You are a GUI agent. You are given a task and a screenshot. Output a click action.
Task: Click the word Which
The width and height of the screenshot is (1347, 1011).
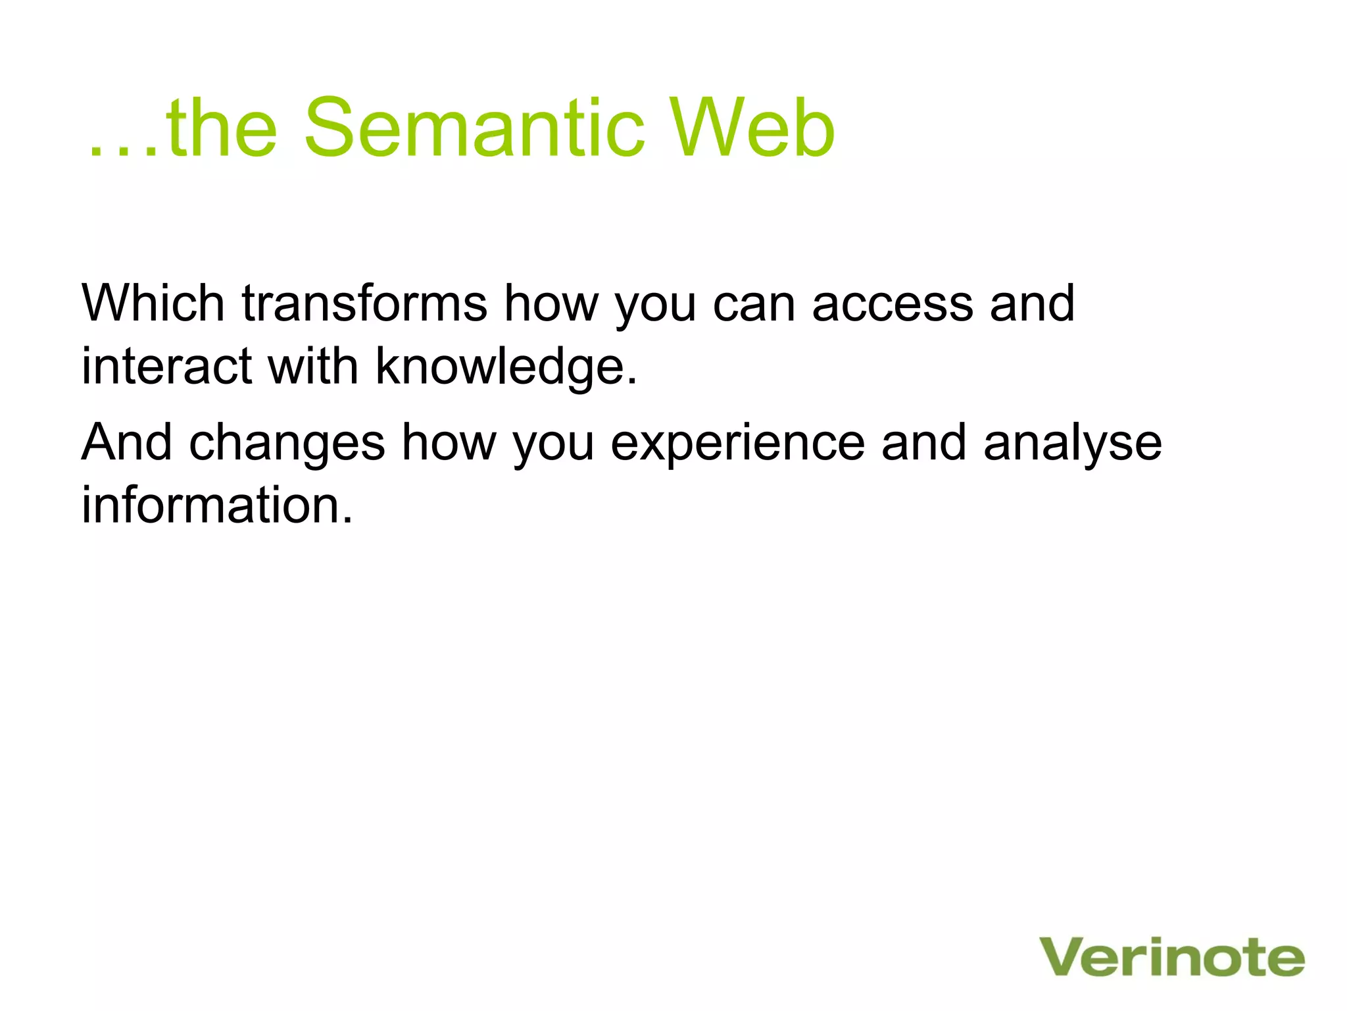click(153, 303)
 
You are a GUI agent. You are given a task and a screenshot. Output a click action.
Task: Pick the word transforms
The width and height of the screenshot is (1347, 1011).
click(364, 303)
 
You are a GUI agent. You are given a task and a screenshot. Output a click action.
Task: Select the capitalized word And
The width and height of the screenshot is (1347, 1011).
click(126, 442)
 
